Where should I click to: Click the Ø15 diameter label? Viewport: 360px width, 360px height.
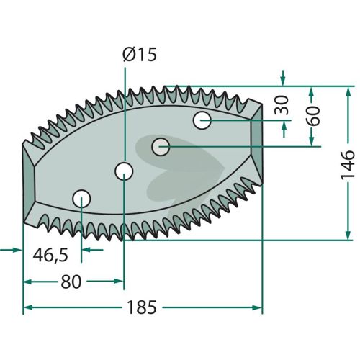tap(140, 54)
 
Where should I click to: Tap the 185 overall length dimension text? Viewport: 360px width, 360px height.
tap(142, 307)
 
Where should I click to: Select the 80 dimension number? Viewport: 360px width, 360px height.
tap(71, 282)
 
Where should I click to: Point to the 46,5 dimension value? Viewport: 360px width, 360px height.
tap(50, 256)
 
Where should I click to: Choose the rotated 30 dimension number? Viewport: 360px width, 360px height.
tap(282, 105)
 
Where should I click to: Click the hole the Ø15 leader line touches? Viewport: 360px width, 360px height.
tap(124, 171)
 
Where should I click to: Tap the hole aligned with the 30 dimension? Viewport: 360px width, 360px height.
tap(202, 120)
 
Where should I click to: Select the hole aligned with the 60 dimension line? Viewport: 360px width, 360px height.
tap(161, 147)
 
